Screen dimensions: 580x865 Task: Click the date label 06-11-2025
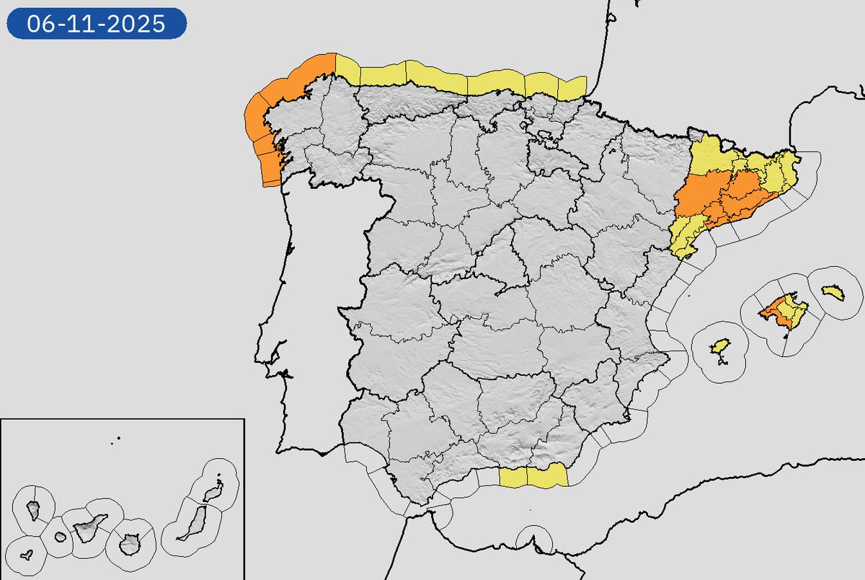click(x=97, y=24)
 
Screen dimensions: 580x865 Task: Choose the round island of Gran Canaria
click(x=130, y=542)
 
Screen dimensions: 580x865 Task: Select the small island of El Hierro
click(x=27, y=555)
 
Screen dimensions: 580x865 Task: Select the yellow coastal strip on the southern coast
click(x=533, y=476)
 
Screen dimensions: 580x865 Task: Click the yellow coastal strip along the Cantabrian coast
click(x=461, y=79)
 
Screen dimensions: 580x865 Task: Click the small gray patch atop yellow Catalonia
click(x=695, y=134)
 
